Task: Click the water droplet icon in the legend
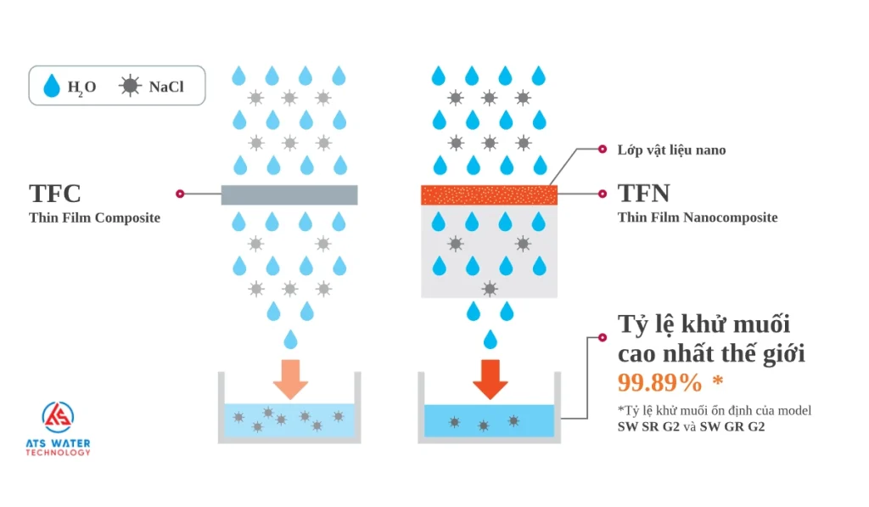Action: point(53,85)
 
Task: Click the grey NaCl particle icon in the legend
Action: point(130,86)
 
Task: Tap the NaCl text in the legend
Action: point(166,87)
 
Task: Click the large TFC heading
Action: point(55,194)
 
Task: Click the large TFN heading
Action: point(644,194)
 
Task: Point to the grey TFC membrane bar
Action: point(289,194)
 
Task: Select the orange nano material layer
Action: point(489,194)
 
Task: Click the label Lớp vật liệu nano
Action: point(671,150)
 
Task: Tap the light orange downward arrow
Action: point(290,379)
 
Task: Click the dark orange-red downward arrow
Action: point(490,379)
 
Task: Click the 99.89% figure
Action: point(659,383)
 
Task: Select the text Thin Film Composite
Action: point(94,218)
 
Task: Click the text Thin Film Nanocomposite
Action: point(697,218)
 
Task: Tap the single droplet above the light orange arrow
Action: point(290,340)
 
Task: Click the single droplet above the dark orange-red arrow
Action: point(490,340)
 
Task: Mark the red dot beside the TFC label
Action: point(179,194)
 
